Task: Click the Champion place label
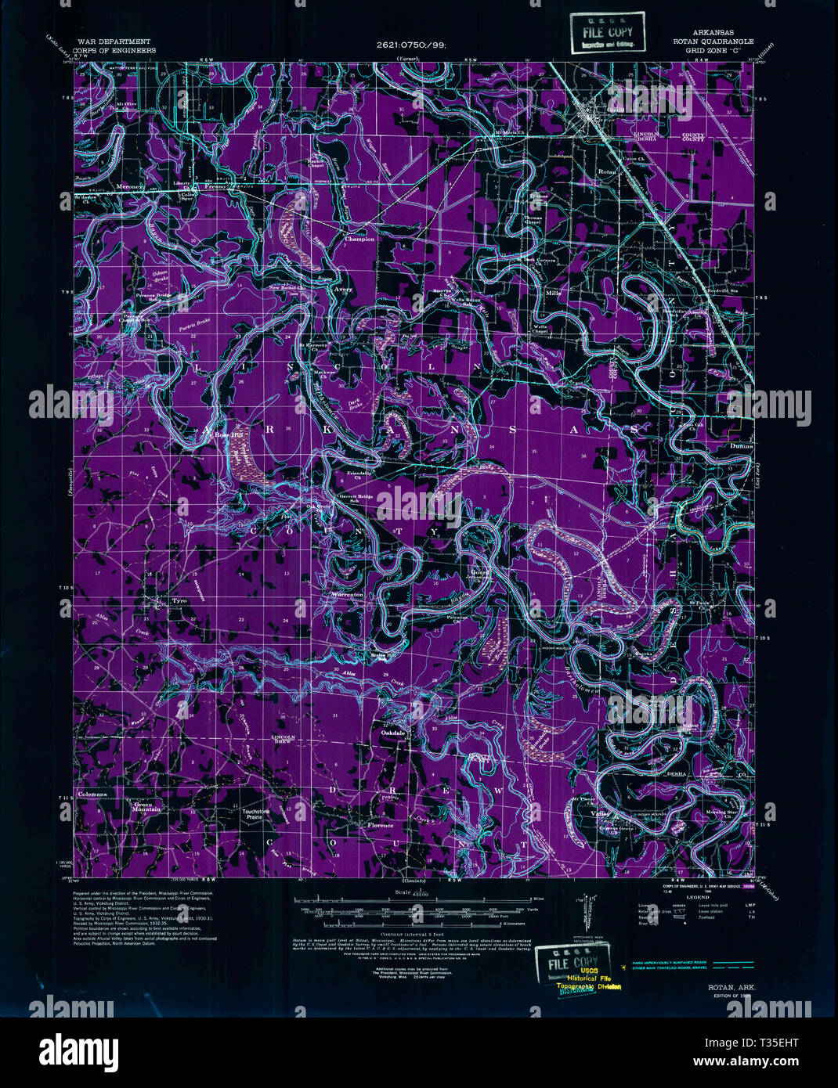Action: pos(360,240)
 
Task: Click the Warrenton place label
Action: pos(347,595)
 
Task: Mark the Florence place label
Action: pos(381,826)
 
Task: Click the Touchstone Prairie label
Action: pos(256,815)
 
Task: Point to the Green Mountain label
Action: pos(147,807)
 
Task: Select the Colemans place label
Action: pos(92,794)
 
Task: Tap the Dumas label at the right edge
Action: pos(740,446)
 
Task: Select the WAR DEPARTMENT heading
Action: pos(114,41)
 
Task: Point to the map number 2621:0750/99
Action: pos(410,45)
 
